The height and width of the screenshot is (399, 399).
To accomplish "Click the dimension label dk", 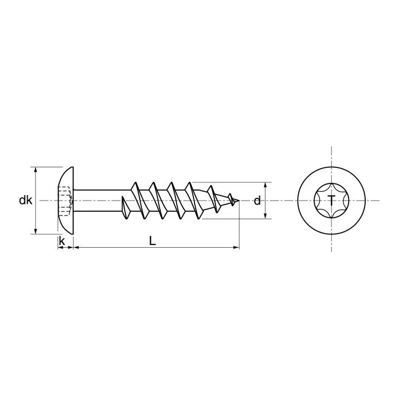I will pyautogui.click(x=25, y=201).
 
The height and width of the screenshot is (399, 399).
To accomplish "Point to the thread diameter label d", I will pyautogui.click(x=257, y=201).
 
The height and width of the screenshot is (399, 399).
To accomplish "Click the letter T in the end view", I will pyautogui.click(x=331, y=201).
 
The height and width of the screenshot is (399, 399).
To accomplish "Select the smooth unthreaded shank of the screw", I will pyautogui.click(x=97, y=201).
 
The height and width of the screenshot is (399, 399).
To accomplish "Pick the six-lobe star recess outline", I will pyautogui.click(x=320, y=193).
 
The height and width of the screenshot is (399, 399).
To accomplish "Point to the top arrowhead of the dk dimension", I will pyautogui.click(x=35, y=170).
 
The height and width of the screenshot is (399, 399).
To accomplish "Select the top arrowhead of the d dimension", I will pyautogui.click(x=266, y=185).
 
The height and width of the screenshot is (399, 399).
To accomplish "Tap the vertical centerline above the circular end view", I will pyautogui.click(x=331, y=155).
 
